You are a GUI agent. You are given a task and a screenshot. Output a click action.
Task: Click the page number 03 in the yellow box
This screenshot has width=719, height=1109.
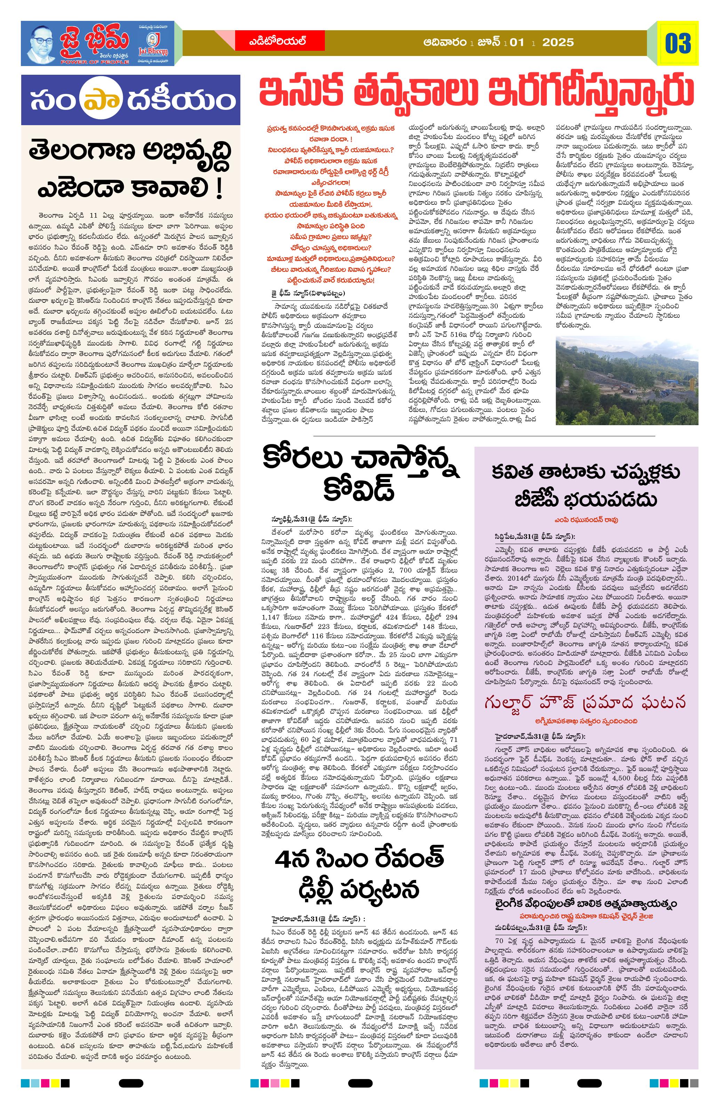(678, 44)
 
